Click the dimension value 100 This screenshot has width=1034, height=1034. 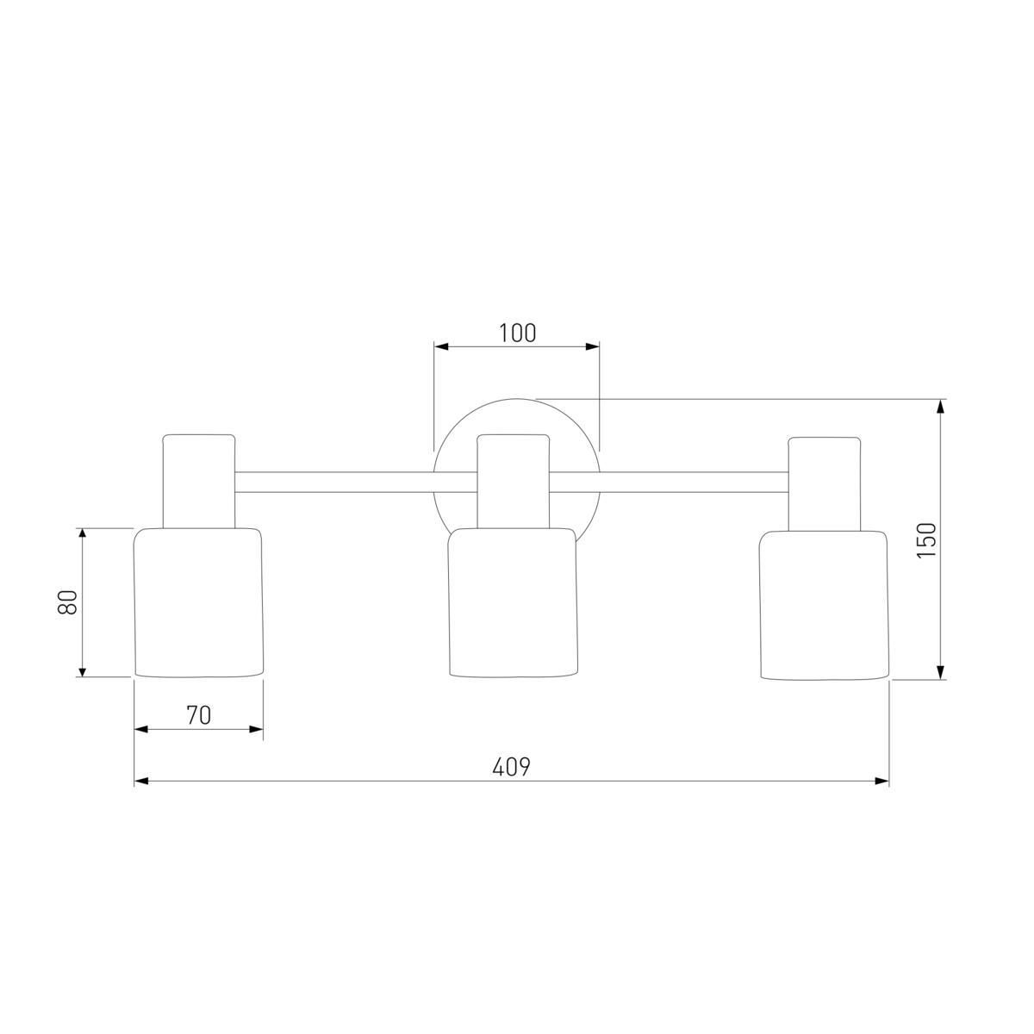click(517, 333)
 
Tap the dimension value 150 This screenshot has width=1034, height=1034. click(926, 539)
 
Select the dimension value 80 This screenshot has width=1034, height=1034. click(67, 601)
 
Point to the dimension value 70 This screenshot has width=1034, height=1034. click(198, 715)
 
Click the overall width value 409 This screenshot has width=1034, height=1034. click(511, 767)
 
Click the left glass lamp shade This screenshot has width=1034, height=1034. click(198, 602)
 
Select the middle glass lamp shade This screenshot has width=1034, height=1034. click(513, 602)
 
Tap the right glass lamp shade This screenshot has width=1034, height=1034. click(825, 606)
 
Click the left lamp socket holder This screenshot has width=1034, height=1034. click(199, 481)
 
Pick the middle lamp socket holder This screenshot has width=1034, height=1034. click(514, 481)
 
